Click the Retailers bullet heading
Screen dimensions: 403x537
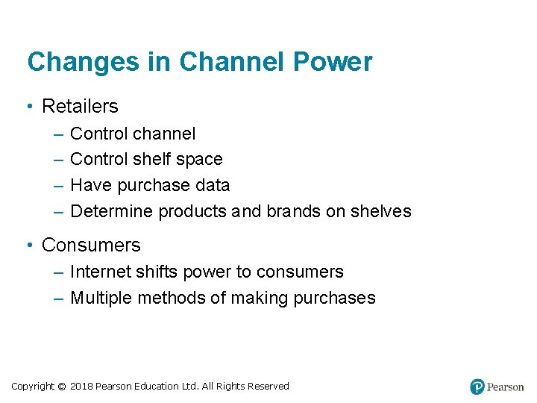80,107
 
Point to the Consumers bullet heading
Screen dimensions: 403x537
91,245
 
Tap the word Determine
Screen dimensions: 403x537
107,211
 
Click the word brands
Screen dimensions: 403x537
293,211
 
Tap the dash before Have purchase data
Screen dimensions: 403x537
59,185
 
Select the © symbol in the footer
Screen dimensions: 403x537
62,387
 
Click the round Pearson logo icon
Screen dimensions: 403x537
477,387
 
